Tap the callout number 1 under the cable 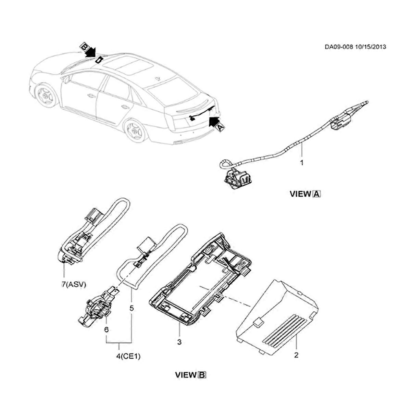(x=302, y=163)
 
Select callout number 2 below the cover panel (x=296, y=355)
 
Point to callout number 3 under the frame (x=179, y=342)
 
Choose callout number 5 (x=132, y=308)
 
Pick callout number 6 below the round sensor (x=106, y=329)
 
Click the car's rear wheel (x=134, y=130)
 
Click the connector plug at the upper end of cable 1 (x=341, y=121)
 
